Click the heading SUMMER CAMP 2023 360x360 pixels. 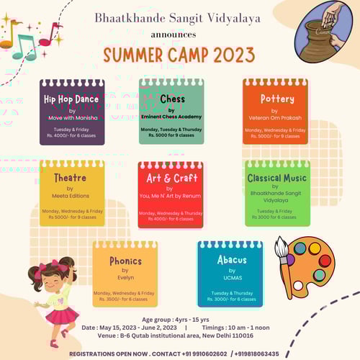pos(179,55)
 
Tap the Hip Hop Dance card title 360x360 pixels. pos(72,99)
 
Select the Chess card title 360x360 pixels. pos(172,99)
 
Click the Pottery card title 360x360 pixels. pos(276,99)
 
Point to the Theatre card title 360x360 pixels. pos(70,177)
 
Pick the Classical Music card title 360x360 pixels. pos(276,177)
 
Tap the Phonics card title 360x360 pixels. pos(125,260)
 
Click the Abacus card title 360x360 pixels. pos(231,260)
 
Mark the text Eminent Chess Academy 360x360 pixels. pos(171,115)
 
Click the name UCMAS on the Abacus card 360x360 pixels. pos(231,277)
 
